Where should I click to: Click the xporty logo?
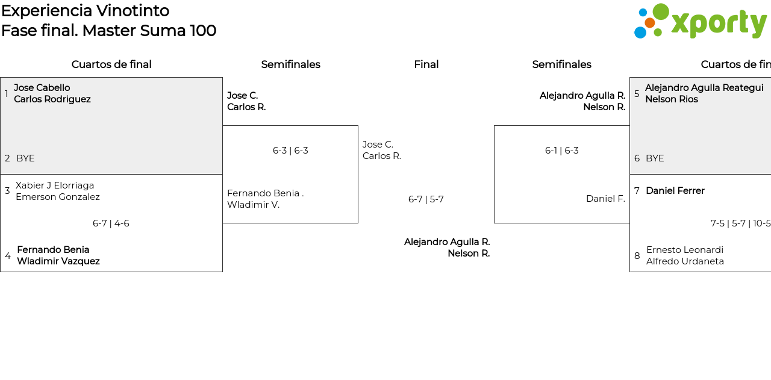point(700,22)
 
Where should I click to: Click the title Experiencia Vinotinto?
point(85,11)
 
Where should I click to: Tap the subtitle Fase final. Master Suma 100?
point(108,31)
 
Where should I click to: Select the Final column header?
point(426,64)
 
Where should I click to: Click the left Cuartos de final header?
point(111,64)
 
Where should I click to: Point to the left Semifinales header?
point(290,64)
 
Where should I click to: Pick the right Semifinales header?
point(561,64)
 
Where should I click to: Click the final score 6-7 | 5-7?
point(426,199)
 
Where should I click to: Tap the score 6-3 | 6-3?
point(290,151)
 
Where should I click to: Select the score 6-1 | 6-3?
point(561,151)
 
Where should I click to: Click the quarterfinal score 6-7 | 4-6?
point(111,223)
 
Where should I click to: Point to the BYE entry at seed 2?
point(25,158)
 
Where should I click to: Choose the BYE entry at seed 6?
point(655,158)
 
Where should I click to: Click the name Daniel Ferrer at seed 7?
point(675,191)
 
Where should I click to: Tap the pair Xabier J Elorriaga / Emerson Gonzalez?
point(58,191)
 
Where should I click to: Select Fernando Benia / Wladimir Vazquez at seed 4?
point(58,255)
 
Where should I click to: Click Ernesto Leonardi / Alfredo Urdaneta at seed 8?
point(685,255)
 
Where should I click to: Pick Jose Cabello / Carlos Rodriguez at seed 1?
point(52,93)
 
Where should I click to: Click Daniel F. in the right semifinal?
point(605,199)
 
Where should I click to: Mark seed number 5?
point(637,94)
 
